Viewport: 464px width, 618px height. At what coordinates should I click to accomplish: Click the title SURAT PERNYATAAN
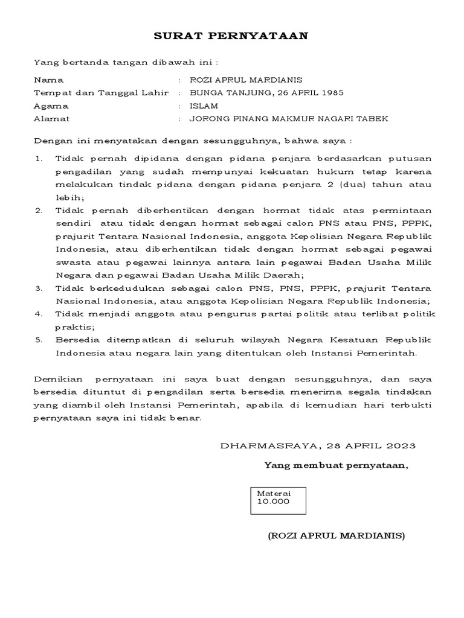coord(231,36)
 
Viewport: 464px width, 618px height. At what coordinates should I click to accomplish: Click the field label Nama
coord(49,80)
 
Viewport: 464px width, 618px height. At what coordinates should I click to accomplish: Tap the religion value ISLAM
coord(204,106)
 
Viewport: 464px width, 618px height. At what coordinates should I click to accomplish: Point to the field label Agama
coord(51,106)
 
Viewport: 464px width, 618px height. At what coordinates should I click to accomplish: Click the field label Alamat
coord(52,119)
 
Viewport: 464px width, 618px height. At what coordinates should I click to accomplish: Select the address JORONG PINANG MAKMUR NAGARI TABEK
coord(289,119)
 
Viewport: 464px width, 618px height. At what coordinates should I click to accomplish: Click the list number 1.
coord(39,159)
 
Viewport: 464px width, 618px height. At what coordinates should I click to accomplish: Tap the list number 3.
coord(39,288)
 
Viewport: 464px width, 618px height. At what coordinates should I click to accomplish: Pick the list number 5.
coord(39,340)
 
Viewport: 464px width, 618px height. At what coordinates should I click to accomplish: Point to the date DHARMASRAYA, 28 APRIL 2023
coord(318,446)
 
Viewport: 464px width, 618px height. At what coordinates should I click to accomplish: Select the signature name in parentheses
coord(337,535)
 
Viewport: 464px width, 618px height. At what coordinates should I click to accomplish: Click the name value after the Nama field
coord(246,80)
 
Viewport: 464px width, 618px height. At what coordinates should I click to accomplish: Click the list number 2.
coord(39,211)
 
